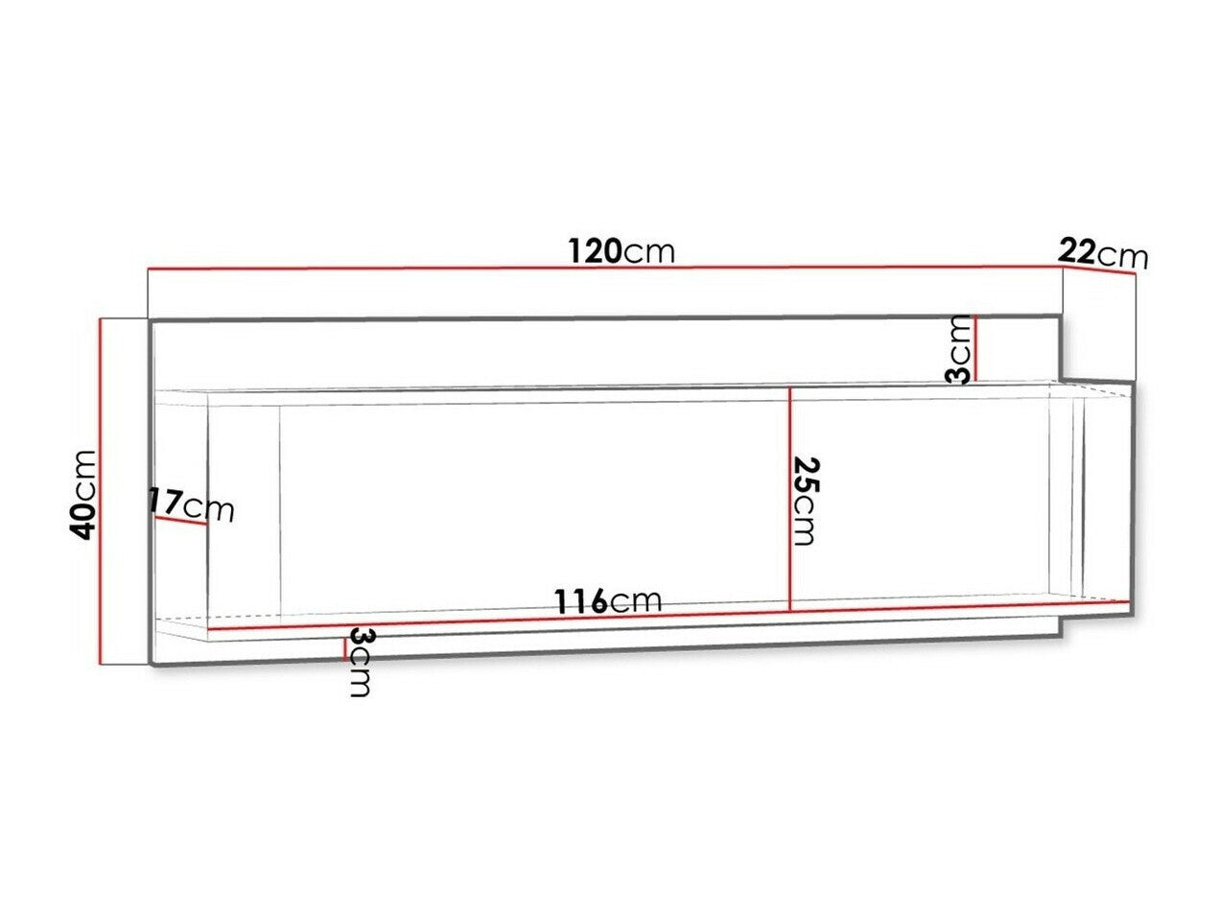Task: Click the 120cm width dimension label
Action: click(x=621, y=252)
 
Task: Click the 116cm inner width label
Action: click(x=608, y=601)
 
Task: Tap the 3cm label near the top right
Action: click(x=958, y=349)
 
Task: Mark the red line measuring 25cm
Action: click(x=788, y=499)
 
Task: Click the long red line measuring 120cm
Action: click(x=604, y=269)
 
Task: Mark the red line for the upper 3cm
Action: click(x=973, y=348)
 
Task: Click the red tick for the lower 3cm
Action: click(x=344, y=647)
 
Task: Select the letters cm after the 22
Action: click(x=1123, y=256)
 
